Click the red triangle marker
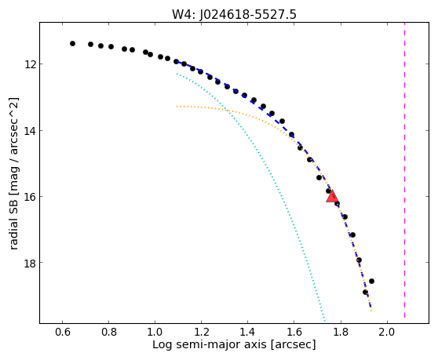332,196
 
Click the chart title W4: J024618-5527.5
234,14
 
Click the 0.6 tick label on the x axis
63,332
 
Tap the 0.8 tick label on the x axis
109,332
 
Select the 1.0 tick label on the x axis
155,332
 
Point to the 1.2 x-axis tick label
202,332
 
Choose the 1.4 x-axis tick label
248,332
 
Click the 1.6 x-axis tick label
294,332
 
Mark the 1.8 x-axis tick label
341,332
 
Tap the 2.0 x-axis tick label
387,332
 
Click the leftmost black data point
73,44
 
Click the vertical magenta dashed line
404,170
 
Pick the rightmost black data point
371,281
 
